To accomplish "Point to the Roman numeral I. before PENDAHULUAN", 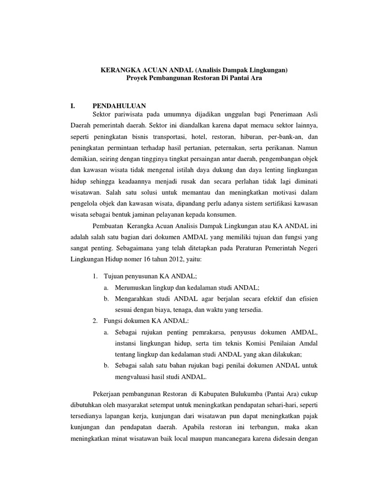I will tap(73, 105).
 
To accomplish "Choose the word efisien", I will tap(307, 298).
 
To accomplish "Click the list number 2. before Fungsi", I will tap(95, 321).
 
